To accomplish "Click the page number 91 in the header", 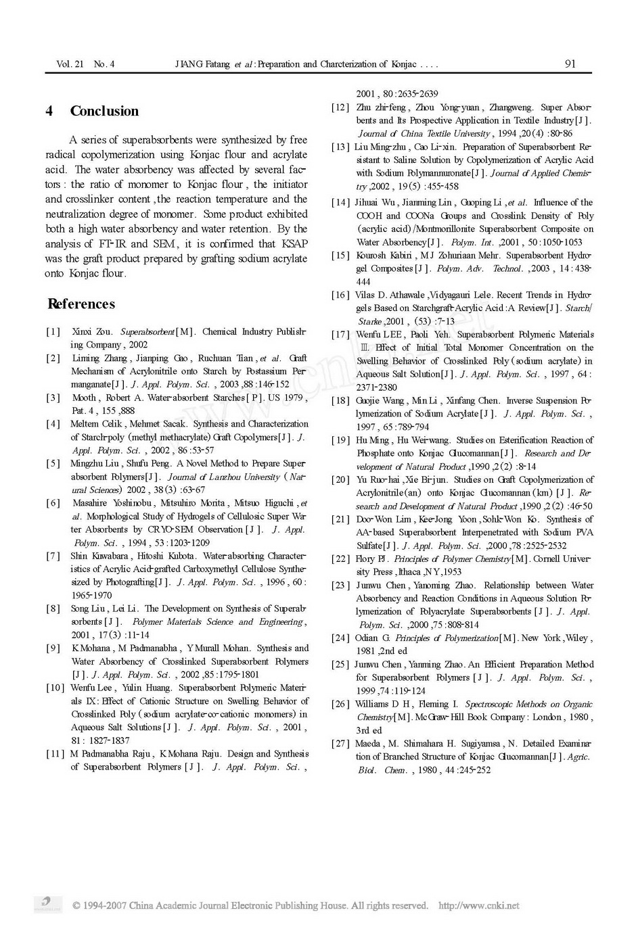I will [570, 64].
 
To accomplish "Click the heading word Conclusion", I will [104, 112].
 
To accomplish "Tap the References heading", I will [81, 304].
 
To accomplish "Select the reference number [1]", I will [53, 332].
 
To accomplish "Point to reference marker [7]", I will [53, 556].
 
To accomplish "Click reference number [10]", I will [55, 688].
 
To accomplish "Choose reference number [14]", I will [340, 202].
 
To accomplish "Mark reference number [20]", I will [340, 480].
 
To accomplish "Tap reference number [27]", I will [340, 744].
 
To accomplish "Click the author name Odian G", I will [372, 638].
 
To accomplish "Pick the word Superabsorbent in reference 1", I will [147, 332].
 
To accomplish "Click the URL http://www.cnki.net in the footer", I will [479, 905].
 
